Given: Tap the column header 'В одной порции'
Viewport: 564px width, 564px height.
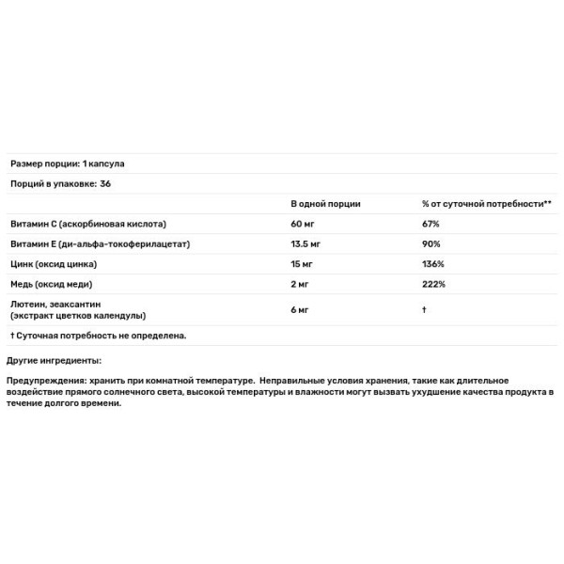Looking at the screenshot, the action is pos(325,204).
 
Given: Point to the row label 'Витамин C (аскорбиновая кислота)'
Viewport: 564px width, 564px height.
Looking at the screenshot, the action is pos(88,225).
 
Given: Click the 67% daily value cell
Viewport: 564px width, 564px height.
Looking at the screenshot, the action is pos(431,225).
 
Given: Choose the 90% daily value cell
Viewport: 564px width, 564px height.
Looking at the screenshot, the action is pos(432,243).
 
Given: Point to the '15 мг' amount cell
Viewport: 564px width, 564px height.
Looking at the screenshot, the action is pos(304,263).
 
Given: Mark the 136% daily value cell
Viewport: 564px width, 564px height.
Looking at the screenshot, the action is pos(433,263).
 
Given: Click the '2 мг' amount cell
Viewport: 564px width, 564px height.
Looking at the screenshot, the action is pos(301,283).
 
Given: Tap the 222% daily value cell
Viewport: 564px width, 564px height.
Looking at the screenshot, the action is pos(434,283).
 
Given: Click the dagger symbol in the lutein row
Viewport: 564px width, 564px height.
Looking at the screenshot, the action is pos(425,309).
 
